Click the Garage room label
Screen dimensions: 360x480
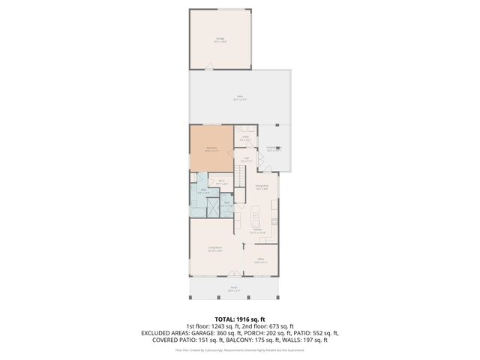[x=220, y=38]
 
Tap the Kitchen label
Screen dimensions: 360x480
[x=257, y=232]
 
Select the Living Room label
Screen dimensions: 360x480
[x=214, y=249]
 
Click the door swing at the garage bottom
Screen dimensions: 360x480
[x=209, y=68]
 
